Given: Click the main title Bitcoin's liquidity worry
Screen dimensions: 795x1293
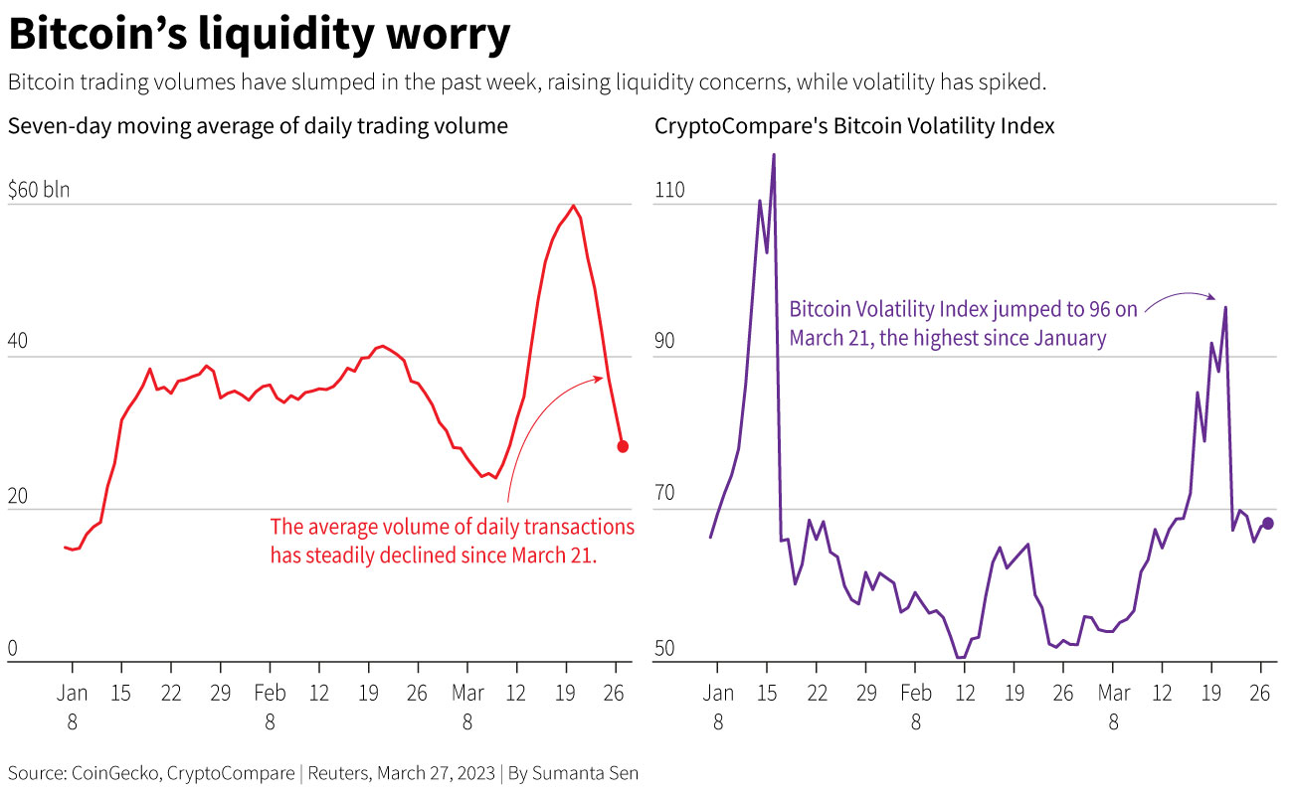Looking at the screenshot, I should point(259,35).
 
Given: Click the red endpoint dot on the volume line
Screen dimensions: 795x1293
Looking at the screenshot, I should point(623,446).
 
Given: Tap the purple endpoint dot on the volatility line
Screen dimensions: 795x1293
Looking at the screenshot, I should point(1267,524).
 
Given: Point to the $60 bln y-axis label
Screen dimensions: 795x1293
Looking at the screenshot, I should point(39,190).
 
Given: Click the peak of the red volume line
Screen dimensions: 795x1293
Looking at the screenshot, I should point(573,206).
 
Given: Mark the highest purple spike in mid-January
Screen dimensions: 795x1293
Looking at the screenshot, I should point(773,155).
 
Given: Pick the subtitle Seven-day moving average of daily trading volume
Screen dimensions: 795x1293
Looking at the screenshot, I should point(258,126).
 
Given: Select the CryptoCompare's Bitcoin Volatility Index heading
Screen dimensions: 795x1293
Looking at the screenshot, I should point(854,126).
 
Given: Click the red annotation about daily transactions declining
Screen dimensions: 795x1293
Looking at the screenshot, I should point(452,541).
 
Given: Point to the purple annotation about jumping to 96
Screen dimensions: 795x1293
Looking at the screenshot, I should point(963,324).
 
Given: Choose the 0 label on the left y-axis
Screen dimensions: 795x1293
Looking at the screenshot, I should point(13,648).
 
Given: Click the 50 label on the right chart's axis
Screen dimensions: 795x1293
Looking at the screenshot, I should point(664,648).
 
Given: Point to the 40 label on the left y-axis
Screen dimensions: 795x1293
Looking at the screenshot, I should point(19,342).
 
